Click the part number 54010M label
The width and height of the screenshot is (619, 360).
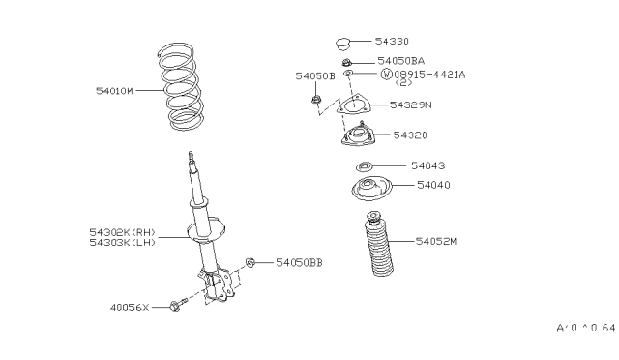tap(114, 90)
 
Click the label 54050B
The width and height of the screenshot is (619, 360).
tap(314, 75)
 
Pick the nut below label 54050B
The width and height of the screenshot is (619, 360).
tap(316, 98)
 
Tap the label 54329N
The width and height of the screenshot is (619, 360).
tap(410, 104)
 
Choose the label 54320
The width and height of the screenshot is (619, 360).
tap(407, 135)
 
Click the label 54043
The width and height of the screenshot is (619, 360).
tap(425, 165)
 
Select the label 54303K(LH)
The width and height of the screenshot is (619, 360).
tap(121, 243)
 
